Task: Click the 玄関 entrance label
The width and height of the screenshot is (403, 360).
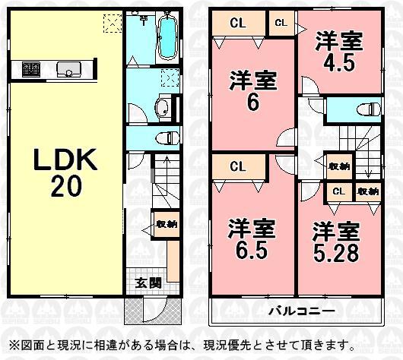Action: pyautogui.click(x=148, y=283)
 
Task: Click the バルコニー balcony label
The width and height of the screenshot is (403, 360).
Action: pyautogui.click(x=297, y=311)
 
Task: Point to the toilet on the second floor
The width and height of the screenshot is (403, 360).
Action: pyautogui.click(x=370, y=109)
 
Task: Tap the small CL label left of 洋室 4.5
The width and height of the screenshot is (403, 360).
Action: pyautogui.click(x=281, y=24)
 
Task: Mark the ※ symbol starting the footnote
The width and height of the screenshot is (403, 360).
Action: pyautogui.click(x=11, y=344)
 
